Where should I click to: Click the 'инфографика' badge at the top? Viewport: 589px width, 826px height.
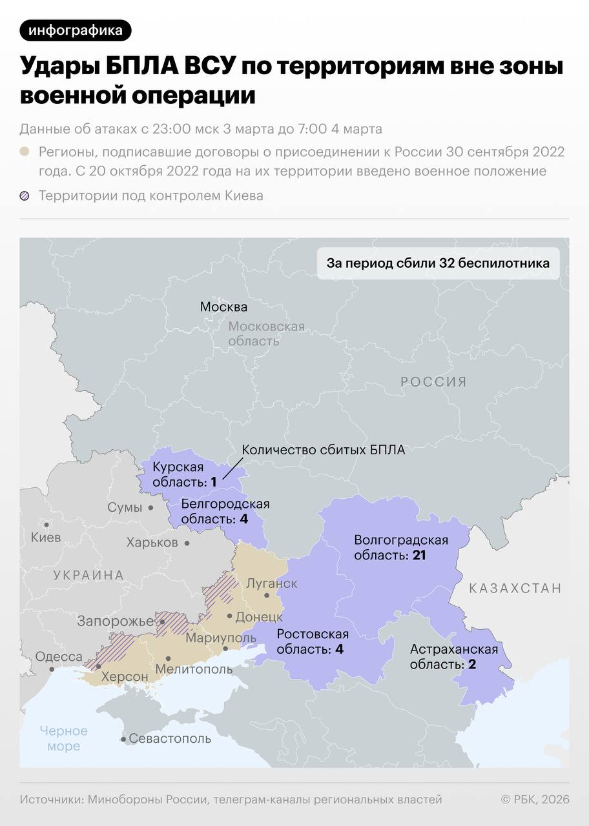point(76,30)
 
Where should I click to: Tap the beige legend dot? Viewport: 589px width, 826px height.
point(25,152)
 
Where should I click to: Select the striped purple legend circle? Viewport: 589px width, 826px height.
point(25,196)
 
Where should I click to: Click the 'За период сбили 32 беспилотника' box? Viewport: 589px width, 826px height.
point(438,263)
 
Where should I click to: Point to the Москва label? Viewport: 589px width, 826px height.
point(223,307)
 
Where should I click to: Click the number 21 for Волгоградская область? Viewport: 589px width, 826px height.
point(418,555)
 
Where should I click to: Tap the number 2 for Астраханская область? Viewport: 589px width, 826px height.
point(472,664)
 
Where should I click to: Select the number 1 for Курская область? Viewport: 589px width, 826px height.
point(213,481)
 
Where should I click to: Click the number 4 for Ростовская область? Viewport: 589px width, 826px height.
point(339,649)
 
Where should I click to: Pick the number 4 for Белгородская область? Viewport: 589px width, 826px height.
point(243,519)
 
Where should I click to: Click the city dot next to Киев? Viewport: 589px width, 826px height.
point(46,525)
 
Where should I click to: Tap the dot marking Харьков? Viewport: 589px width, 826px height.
point(187,543)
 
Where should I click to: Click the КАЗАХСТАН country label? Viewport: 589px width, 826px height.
point(515,588)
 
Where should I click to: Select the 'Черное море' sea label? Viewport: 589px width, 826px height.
point(63,739)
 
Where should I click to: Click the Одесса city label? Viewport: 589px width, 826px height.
point(59,657)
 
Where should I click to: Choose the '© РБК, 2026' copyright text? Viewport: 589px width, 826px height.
point(535,800)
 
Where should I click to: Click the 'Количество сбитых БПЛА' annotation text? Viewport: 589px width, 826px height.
point(323,450)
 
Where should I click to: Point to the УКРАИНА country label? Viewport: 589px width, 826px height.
point(88,575)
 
